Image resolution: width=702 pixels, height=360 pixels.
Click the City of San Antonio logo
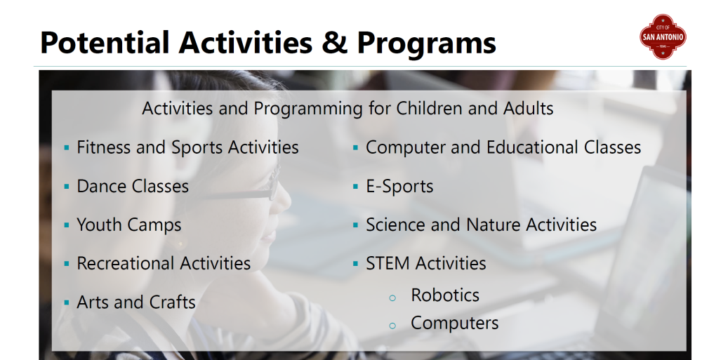pyautogui.click(x=663, y=36)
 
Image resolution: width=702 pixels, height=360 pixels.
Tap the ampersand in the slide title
pyautogui.click(x=334, y=43)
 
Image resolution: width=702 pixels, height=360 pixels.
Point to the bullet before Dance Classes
pyautogui.click(x=67, y=186)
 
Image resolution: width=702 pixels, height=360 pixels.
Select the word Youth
pyautogui.click(x=100, y=225)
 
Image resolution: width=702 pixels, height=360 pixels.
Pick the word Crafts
pyautogui.click(x=173, y=302)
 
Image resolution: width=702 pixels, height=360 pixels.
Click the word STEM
pyautogui.click(x=387, y=263)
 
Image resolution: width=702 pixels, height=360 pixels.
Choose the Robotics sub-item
pyautogui.click(x=445, y=295)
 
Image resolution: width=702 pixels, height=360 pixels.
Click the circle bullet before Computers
pyautogui.click(x=392, y=326)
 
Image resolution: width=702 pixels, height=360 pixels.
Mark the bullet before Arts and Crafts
pyautogui.click(x=67, y=302)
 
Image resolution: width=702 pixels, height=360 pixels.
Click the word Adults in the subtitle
pyautogui.click(x=529, y=108)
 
